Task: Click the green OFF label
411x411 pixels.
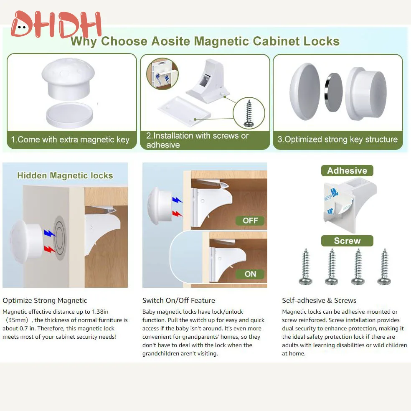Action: point(250,221)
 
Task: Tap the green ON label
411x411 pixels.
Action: point(250,274)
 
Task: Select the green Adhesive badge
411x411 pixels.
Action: point(347,170)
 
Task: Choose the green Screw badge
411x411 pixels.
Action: point(347,241)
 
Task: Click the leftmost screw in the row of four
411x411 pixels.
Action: point(306,267)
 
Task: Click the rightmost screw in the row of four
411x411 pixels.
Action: point(384,267)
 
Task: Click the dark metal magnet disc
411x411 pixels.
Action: point(333,92)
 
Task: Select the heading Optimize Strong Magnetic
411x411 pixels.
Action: point(45,300)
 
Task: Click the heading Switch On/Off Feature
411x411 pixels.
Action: point(178,300)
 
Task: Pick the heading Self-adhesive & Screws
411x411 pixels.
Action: point(319,300)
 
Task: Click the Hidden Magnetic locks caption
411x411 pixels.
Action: point(65,175)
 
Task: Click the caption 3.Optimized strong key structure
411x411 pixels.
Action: point(337,140)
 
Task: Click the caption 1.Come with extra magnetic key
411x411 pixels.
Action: point(70,140)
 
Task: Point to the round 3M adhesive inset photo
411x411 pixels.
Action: point(162,74)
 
